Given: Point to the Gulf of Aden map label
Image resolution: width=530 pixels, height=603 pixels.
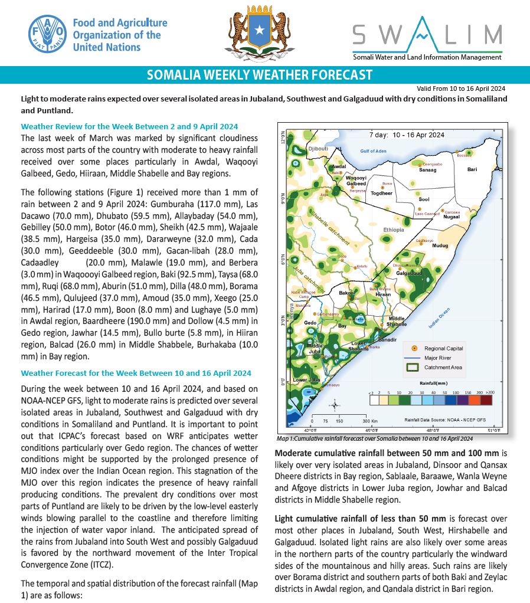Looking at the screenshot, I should (x=373, y=151).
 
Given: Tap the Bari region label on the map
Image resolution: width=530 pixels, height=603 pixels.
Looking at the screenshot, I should (x=472, y=169).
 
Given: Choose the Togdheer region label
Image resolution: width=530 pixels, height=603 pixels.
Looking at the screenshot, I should (x=382, y=193).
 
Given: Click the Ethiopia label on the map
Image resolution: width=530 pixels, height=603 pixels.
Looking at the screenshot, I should (x=393, y=230).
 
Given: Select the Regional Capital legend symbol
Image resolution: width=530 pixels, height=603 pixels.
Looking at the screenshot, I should (x=414, y=348).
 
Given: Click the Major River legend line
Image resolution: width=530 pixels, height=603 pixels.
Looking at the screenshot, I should (x=414, y=358).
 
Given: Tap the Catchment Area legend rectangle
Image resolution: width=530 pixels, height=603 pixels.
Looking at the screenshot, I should (x=414, y=367).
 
